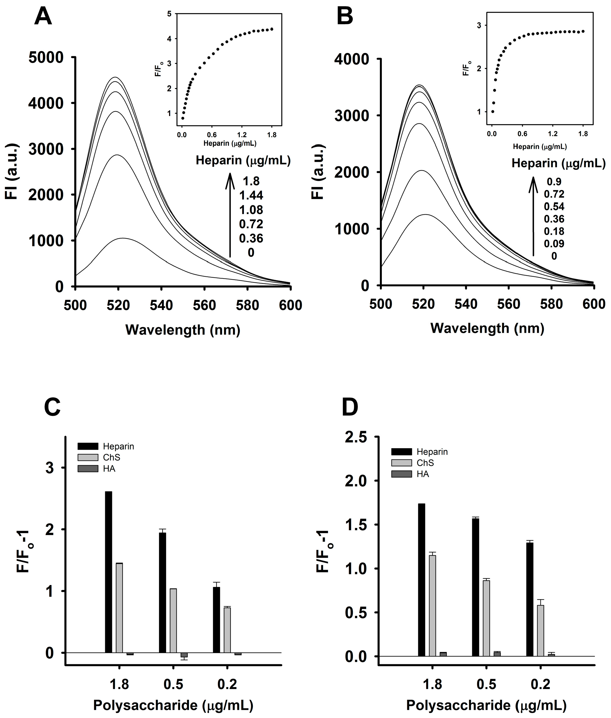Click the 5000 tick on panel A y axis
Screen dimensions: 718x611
46,58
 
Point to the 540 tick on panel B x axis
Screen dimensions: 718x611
466,304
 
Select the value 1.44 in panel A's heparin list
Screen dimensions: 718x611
251,195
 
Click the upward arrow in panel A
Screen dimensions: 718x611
230,215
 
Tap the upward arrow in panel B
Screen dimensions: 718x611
533,216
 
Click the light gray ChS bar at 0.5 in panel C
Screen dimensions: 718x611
173,621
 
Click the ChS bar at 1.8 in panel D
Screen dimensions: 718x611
432,606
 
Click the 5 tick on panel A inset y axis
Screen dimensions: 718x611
169,14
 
